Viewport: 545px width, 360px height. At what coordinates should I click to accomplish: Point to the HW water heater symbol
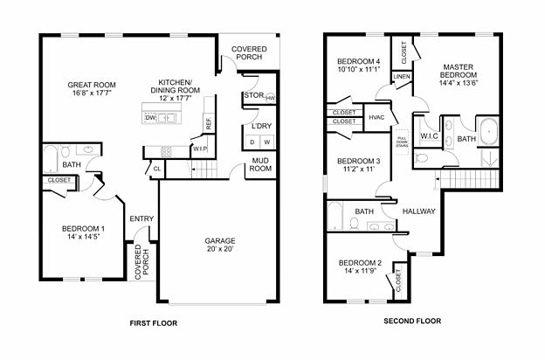pos(270,98)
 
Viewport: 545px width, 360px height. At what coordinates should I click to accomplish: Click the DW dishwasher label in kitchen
pos(151,117)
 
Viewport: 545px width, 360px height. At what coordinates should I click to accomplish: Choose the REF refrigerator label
pos(208,124)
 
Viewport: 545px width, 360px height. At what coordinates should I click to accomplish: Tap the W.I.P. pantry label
pos(200,149)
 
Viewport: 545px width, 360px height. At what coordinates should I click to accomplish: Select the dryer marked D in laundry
pos(252,142)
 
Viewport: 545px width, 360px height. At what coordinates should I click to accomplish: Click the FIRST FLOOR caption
pos(154,322)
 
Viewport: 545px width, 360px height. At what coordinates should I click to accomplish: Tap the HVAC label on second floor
pos(377,118)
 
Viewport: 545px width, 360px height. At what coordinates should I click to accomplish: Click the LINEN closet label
pos(402,77)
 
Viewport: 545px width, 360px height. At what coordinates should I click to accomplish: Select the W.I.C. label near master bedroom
pos(429,136)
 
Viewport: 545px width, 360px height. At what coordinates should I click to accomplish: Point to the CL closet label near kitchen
pos(158,169)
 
